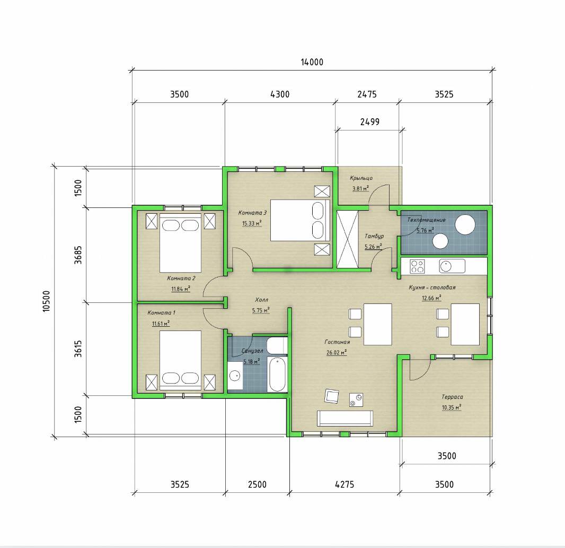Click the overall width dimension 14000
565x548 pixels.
[x=312, y=62]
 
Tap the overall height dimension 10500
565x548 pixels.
[x=47, y=301]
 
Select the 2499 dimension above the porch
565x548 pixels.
[x=370, y=122]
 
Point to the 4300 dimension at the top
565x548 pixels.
[x=280, y=94]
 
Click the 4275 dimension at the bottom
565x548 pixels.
[x=345, y=484]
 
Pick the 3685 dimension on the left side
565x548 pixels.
[x=78, y=255]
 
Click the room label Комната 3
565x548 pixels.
[x=252, y=213]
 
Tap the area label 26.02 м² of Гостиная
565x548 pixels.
[x=337, y=352]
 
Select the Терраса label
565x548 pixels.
[x=452, y=397]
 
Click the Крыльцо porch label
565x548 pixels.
[x=361, y=178]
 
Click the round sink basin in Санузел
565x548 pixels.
[x=235, y=376]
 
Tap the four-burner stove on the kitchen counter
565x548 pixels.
[x=417, y=266]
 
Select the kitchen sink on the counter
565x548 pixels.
[x=452, y=266]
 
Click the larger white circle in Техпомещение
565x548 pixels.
[x=465, y=225]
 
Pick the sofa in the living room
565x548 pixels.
[x=345, y=418]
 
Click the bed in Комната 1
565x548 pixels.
[x=180, y=360]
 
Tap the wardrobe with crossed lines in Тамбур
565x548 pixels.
[x=347, y=239]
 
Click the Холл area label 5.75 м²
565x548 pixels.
[x=261, y=310]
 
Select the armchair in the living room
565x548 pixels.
[x=331, y=396]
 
